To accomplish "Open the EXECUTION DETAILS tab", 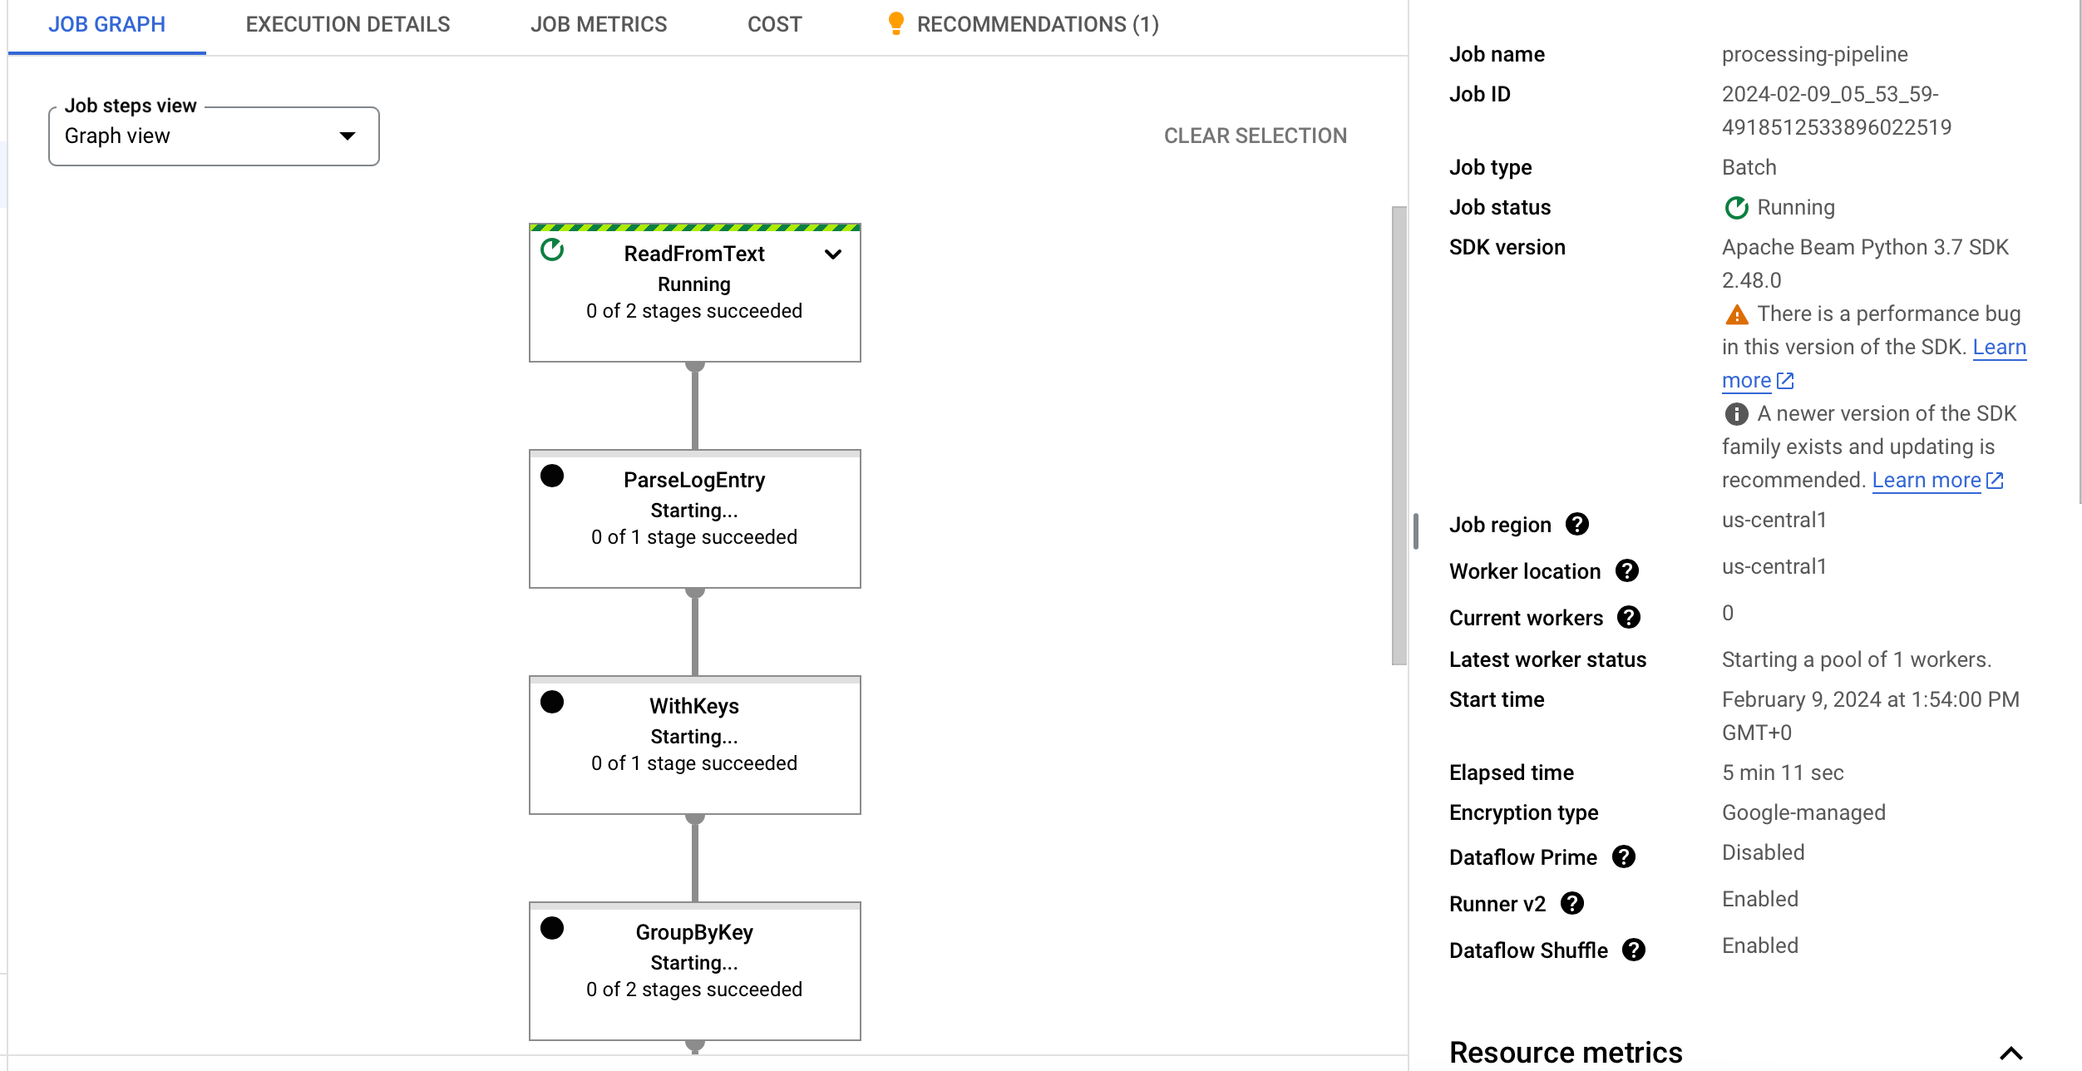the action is [348, 24].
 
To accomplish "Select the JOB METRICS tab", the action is [599, 24].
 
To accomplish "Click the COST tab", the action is [775, 24].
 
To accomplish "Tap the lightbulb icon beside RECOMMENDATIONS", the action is [895, 23].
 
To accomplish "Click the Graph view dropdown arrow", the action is [348, 136].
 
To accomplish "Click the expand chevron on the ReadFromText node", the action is [833, 254].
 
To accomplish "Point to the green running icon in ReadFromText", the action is [552, 249].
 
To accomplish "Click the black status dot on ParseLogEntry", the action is [552, 476].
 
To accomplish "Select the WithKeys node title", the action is [694, 706].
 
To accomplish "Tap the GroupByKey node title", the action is [694, 932].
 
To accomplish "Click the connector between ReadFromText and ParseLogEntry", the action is [695, 406].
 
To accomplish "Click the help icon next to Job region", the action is [1577, 524].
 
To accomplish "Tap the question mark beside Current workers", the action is [1629, 617].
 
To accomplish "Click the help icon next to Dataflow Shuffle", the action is [1634, 950].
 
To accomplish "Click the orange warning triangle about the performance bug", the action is [1737, 314].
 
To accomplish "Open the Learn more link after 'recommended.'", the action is [1937, 480].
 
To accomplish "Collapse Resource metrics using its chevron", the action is [2011, 1053].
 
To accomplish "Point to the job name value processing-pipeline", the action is [1815, 54].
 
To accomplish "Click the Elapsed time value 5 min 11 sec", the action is [1783, 772].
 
